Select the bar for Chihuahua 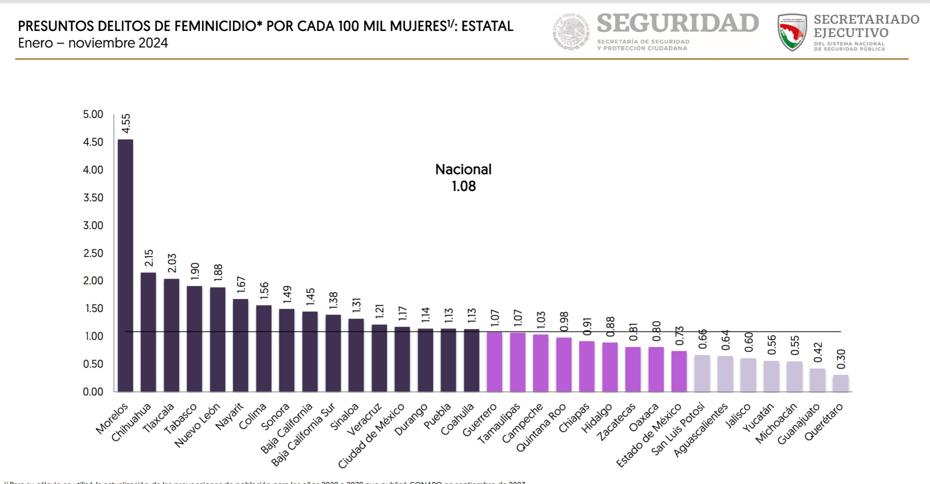pos(148,332)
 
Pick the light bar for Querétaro pos(840,383)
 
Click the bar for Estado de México pos(679,371)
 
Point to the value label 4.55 pos(126,123)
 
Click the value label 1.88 pos(218,273)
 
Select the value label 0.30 pos(841,359)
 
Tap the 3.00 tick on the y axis pos(93,225)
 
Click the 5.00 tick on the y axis pos(93,114)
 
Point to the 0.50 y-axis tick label pos(93,364)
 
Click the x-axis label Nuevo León pos(197,425)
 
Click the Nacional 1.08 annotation pos(463,178)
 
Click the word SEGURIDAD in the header pos(677,23)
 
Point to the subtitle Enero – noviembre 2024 pos(93,43)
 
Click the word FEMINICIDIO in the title pos(215,26)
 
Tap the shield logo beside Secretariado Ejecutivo pos(792,32)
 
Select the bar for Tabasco pos(194,339)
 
